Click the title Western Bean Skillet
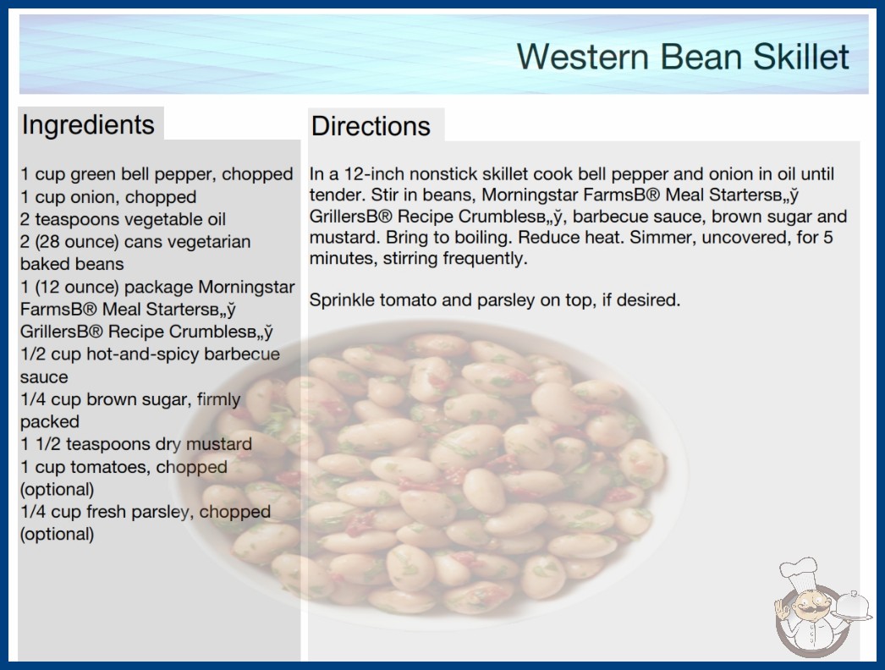coord(683,57)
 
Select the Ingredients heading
coord(88,124)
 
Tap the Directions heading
coord(371,126)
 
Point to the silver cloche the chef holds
coord(853,607)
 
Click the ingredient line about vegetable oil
coord(123,219)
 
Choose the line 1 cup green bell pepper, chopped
coord(157,174)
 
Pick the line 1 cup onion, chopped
coord(108,197)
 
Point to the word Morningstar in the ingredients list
coord(247,287)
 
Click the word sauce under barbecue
coord(44,377)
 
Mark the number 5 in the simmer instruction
coord(828,237)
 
